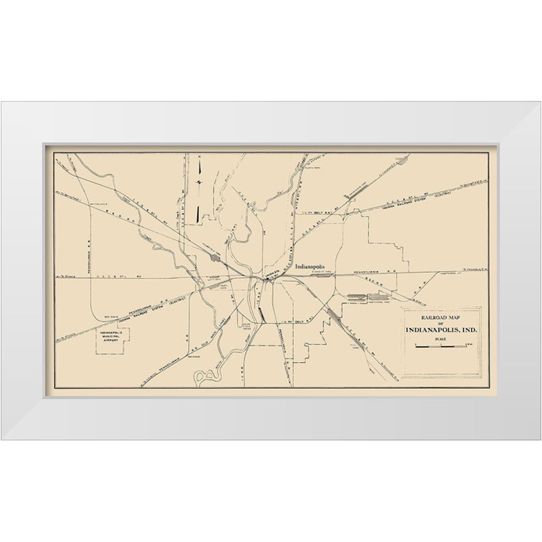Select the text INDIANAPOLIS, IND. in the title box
440,330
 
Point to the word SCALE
440,339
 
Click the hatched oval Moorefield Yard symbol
216,261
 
